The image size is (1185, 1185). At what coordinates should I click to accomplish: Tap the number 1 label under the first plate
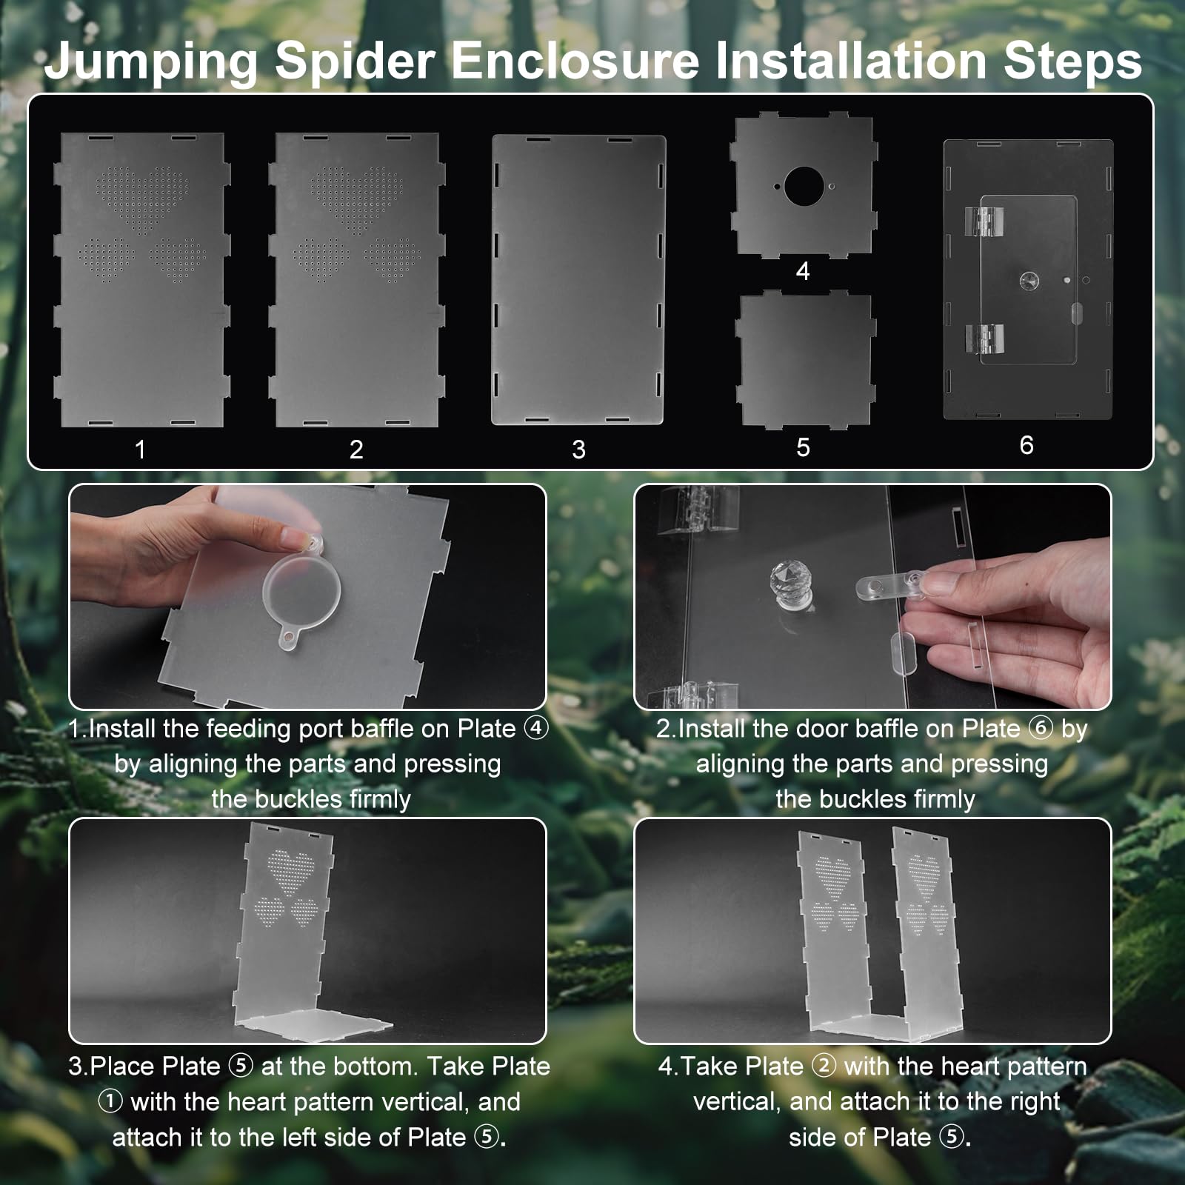tap(140, 450)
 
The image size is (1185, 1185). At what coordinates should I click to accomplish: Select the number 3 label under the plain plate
tap(579, 450)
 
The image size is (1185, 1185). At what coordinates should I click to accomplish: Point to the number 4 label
tap(803, 271)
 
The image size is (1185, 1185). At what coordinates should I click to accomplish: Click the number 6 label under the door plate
tap(1027, 445)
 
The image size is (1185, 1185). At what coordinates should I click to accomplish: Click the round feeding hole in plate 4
tap(804, 187)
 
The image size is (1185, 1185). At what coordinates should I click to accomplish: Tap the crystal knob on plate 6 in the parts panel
tap(1029, 281)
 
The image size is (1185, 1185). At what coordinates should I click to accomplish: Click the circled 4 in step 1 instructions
tap(536, 729)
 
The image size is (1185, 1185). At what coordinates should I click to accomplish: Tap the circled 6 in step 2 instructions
tap(1041, 729)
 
